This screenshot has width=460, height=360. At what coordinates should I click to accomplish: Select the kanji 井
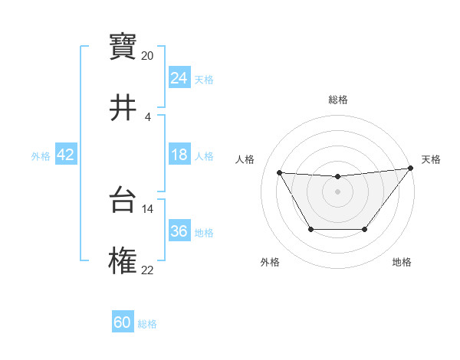click(123, 108)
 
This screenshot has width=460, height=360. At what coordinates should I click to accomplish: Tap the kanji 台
click(123, 201)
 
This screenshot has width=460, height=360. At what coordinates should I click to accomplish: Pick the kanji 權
click(123, 261)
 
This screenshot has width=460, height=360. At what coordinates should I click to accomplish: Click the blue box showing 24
click(179, 78)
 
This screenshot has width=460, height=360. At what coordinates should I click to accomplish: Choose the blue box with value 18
click(179, 155)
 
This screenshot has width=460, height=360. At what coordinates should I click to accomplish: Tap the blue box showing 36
click(179, 231)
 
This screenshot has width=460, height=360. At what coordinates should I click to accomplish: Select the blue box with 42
click(65, 155)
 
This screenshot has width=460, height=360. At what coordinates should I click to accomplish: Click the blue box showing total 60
click(123, 322)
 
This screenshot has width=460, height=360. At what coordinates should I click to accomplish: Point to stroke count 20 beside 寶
click(148, 56)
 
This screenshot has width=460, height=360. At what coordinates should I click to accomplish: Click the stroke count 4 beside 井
click(148, 116)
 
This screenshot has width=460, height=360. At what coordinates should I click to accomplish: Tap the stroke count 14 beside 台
click(148, 208)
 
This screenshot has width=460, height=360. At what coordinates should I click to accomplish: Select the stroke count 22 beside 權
click(148, 270)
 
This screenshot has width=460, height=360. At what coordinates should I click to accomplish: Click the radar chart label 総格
click(337, 100)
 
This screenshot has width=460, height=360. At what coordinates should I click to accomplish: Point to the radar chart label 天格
click(431, 159)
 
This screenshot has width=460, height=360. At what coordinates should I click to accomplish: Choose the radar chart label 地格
click(402, 262)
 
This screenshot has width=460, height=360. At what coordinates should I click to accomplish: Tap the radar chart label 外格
click(270, 262)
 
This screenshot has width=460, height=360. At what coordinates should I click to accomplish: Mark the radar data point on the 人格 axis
click(280, 172)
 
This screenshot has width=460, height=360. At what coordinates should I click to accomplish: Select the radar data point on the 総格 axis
click(337, 177)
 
